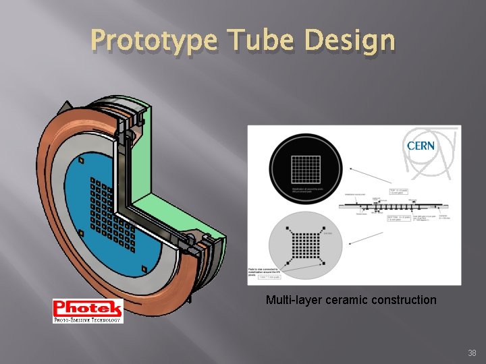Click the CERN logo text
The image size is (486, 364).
pos(421,145)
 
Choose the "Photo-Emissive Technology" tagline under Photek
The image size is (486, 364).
pos(88,320)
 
